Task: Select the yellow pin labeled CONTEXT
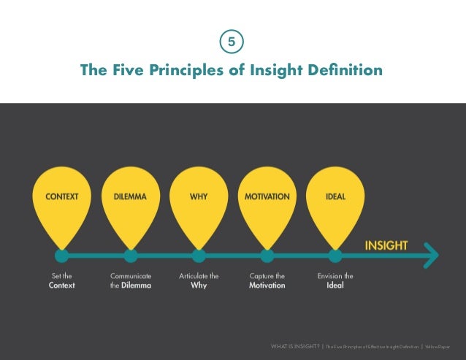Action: click(62, 201)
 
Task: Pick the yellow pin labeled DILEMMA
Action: click(131, 201)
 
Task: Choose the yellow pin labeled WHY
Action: click(199, 201)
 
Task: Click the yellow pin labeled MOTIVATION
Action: click(267, 201)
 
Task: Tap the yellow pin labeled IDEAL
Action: click(335, 201)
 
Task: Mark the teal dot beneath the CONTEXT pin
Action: click(62, 256)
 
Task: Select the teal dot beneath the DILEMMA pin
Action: click(131, 256)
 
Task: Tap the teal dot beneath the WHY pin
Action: click(199, 256)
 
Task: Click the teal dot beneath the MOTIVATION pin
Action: click(267, 256)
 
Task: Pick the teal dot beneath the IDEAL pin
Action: click(335, 256)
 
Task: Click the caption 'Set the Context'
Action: click(62, 280)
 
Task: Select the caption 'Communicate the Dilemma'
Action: click(131, 280)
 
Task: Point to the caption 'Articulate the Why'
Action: click(199, 280)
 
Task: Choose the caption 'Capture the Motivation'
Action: click(267, 280)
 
